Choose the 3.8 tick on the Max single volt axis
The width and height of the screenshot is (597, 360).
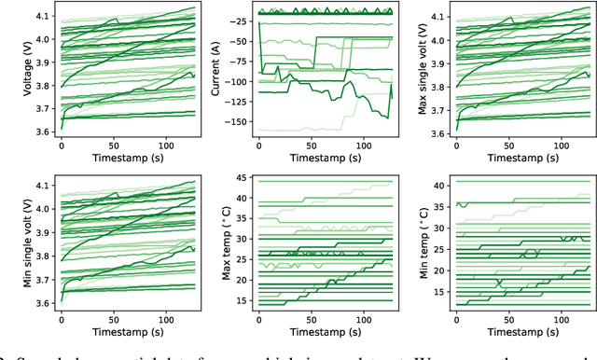coord(437,87)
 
